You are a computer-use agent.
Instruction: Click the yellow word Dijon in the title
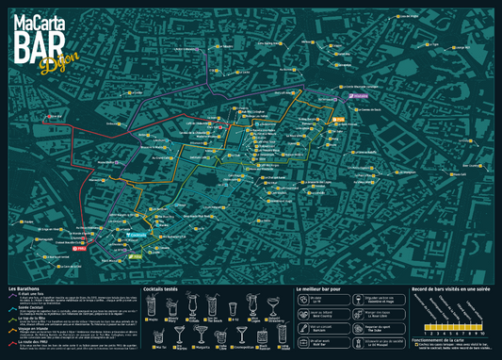[53, 63]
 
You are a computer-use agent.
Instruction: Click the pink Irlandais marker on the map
[358, 94]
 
